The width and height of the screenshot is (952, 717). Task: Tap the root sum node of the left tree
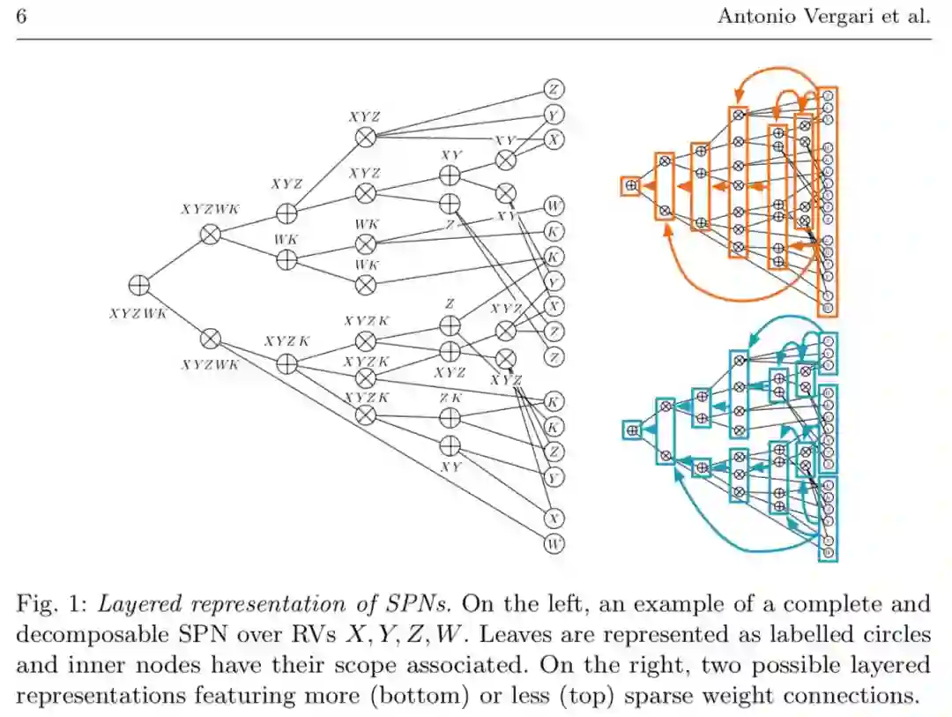(x=138, y=285)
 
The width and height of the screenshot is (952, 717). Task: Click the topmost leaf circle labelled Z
(x=554, y=89)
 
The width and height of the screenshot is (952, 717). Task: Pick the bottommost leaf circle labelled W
(x=554, y=543)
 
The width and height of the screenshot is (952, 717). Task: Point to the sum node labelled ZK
(x=450, y=416)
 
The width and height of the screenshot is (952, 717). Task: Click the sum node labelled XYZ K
(x=286, y=362)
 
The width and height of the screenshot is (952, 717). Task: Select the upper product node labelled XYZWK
(x=210, y=234)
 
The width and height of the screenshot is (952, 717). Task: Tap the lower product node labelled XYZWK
(x=210, y=339)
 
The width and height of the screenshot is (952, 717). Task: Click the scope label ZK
(x=450, y=399)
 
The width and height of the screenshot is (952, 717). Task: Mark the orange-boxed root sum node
(x=630, y=185)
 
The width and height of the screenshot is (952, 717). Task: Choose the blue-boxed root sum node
(x=631, y=429)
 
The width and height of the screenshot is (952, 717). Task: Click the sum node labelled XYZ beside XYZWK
(x=286, y=213)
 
